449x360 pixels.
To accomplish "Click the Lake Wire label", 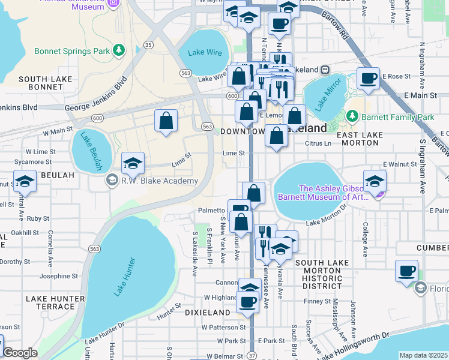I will click(x=205, y=52).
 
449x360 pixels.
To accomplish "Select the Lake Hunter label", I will click(x=125, y=276).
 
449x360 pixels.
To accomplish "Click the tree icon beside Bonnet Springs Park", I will click(x=119, y=49).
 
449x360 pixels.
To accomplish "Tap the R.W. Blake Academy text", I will click(x=159, y=181).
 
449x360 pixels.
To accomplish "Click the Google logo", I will click(x=20, y=353).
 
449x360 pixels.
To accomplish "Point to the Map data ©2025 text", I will click(x=423, y=355).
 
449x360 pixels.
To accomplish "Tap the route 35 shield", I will click(x=148, y=44).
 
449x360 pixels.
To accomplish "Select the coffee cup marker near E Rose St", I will click(x=368, y=79).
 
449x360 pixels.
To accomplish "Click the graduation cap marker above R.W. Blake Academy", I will click(x=133, y=163).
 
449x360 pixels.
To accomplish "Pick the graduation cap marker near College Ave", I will click(x=375, y=181).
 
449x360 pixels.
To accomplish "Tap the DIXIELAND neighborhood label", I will click(x=207, y=313).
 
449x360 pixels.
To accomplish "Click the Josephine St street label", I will click(x=59, y=277).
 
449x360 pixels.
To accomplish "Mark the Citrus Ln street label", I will click(x=319, y=144).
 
